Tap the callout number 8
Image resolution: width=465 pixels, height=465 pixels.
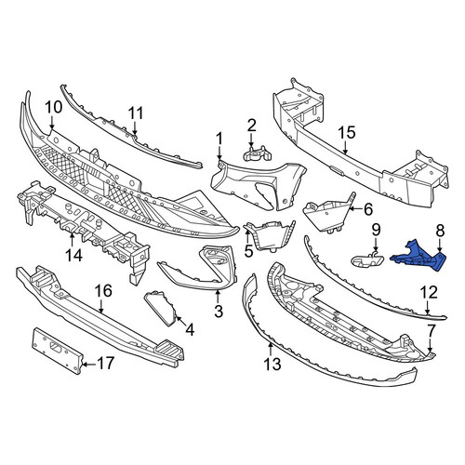[440, 231]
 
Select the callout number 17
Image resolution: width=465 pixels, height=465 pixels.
[105, 364]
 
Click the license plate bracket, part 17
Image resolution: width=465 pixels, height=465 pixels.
[57, 350]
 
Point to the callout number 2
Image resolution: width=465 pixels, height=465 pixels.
[252, 126]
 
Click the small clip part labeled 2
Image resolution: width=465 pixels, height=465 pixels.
[258, 153]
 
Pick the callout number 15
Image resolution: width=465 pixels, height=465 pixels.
[347, 133]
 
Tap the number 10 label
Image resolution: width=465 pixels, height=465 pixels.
[54, 107]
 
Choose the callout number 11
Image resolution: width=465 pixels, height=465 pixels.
[136, 113]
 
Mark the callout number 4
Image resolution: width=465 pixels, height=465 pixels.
[190, 330]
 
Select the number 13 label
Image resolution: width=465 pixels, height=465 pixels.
[272, 364]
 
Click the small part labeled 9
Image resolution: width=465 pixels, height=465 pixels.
[367, 259]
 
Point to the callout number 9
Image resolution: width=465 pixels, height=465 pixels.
[376, 230]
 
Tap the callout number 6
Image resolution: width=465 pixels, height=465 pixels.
[368, 210]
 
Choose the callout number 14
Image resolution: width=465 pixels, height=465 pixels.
[74, 256]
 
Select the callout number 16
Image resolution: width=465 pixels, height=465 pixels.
[103, 291]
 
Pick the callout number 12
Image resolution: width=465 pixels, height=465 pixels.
[429, 293]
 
